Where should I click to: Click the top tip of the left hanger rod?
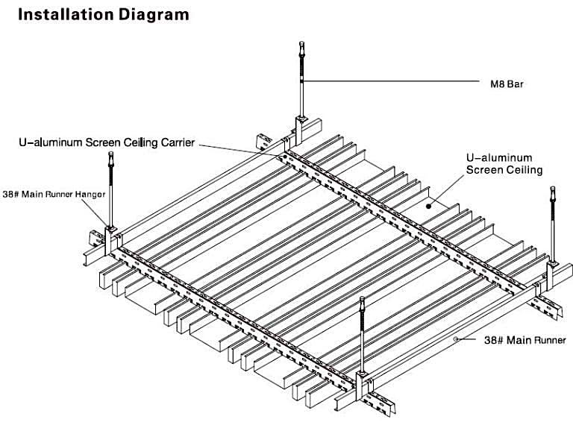[x=110, y=154]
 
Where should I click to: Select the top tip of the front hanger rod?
[x=363, y=300]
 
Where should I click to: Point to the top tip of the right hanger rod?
[x=553, y=189]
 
